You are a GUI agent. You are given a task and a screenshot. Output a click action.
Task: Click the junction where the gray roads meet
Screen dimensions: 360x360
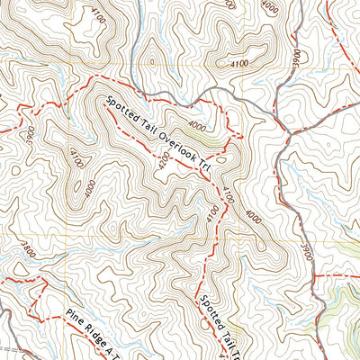tap(289, 132)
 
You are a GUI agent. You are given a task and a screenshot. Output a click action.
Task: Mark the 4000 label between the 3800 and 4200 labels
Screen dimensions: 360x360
tap(87, 190)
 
